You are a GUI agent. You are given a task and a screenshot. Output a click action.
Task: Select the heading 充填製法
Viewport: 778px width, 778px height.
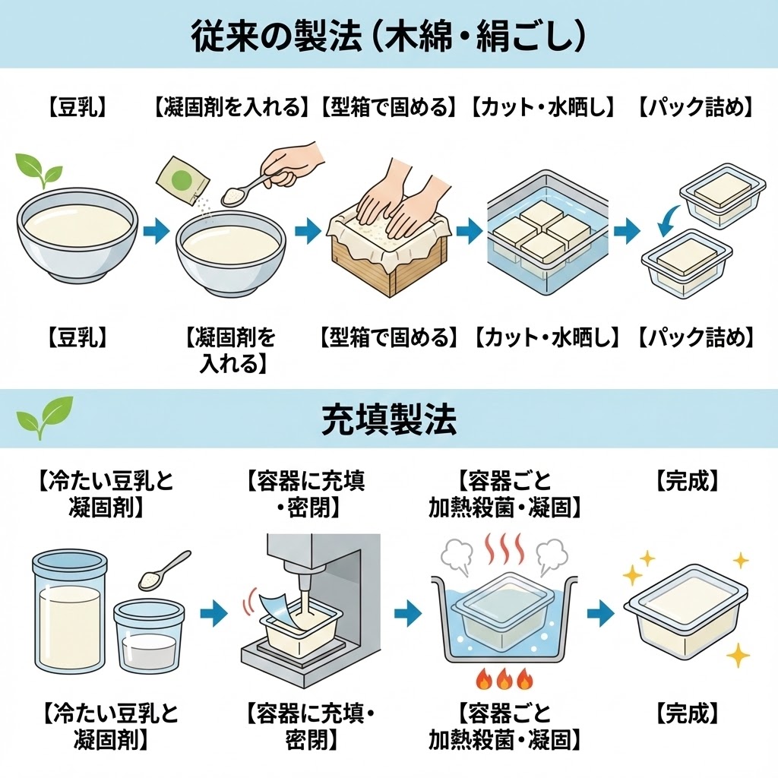[389, 419]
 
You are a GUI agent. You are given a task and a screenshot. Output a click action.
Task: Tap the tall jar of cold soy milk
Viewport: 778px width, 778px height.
[68, 608]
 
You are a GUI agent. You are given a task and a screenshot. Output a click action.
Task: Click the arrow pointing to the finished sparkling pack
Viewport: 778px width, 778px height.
[599, 613]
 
